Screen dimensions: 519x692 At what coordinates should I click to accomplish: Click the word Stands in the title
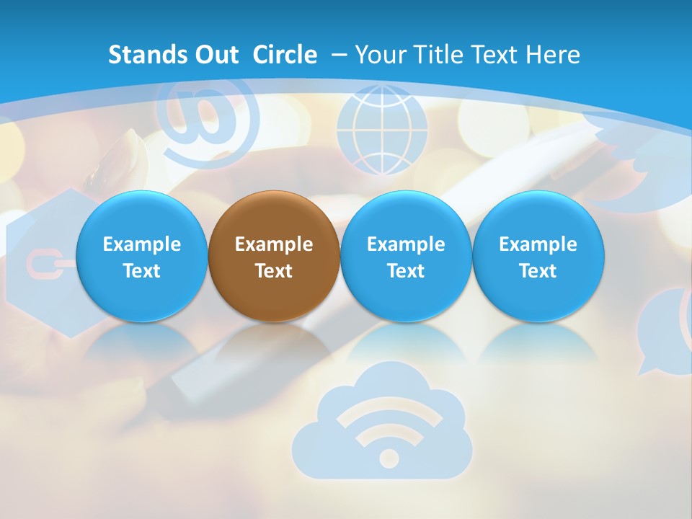[140, 55]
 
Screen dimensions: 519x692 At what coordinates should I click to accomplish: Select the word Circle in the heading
[285, 55]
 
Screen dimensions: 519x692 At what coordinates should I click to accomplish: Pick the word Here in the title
[552, 55]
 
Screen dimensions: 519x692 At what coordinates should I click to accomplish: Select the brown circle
[274, 257]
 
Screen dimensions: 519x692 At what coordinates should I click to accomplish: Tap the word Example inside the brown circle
[274, 244]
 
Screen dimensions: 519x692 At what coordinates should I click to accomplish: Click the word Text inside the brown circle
[274, 271]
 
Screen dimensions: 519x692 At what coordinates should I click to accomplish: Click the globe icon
[382, 130]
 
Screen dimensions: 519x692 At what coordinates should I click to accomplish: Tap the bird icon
[634, 166]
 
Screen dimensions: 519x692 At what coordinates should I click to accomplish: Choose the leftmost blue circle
[142, 257]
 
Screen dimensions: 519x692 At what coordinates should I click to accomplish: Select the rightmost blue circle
[538, 257]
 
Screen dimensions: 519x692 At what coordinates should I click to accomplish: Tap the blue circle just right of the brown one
[406, 257]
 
